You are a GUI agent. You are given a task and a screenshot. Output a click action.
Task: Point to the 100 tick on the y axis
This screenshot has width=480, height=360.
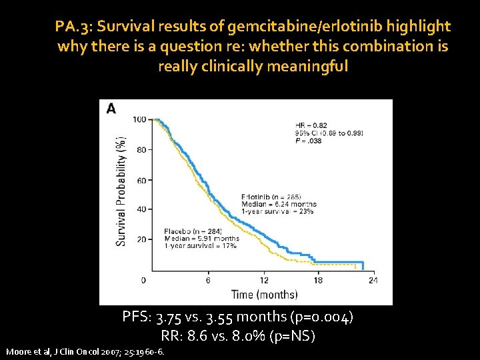(x=140, y=119)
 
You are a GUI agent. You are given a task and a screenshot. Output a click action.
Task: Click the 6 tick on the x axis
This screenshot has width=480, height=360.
(x=208, y=280)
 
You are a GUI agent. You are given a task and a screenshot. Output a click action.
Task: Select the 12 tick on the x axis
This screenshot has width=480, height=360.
(x=264, y=280)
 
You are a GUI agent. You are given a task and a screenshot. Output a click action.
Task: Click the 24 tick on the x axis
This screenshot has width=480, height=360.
(x=373, y=280)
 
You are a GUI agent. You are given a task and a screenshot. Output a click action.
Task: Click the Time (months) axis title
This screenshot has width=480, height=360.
(x=265, y=294)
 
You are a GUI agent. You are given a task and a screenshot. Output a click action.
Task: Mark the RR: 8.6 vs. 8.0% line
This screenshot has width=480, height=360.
(x=238, y=336)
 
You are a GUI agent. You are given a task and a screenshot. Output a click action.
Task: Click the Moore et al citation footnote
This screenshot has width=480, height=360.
(x=85, y=351)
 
